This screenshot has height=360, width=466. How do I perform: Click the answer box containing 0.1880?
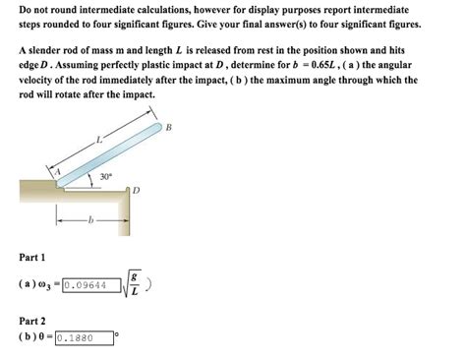click(x=85, y=337)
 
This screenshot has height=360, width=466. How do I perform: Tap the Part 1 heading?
click(x=31, y=257)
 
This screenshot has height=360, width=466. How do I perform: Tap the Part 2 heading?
click(x=31, y=321)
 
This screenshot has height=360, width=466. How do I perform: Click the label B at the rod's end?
click(x=168, y=128)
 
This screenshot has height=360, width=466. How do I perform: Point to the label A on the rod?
click(x=57, y=172)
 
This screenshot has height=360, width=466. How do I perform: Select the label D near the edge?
click(x=137, y=190)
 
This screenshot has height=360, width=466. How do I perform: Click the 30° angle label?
click(x=104, y=177)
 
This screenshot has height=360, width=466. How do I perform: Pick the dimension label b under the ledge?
click(x=91, y=219)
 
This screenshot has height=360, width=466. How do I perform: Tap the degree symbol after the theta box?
click(x=117, y=333)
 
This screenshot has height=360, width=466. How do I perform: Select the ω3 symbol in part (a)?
click(x=47, y=286)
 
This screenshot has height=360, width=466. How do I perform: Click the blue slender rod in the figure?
click(x=108, y=152)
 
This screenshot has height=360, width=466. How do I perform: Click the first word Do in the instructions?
click(x=25, y=8)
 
